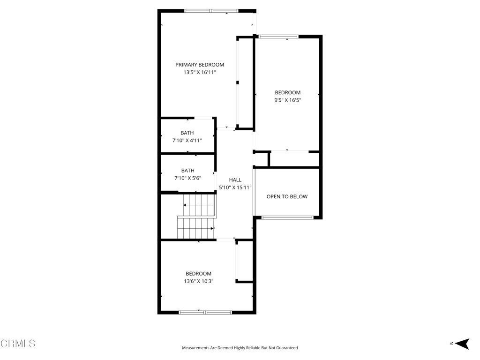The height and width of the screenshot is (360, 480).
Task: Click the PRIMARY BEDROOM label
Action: click(200, 65)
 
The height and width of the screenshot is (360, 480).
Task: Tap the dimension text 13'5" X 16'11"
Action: click(200, 72)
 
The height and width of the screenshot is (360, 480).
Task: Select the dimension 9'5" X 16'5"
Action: click(288, 100)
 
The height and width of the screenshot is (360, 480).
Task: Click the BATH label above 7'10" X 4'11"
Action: click(187, 133)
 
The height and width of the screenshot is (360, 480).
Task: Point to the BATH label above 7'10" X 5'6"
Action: click(187, 171)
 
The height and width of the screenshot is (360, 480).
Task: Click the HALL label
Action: click(235, 180)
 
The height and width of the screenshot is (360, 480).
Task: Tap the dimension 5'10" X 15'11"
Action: click(235, 187)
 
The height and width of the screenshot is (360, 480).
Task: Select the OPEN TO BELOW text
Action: click(287, 196)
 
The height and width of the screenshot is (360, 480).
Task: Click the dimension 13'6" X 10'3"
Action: click(199, 281)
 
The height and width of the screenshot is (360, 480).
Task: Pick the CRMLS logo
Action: click(18, 343)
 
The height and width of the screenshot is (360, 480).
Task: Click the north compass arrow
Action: click(462, 344)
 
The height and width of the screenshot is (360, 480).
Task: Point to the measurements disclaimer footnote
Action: click(240, 348)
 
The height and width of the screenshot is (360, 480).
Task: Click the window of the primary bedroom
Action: click(211, 11)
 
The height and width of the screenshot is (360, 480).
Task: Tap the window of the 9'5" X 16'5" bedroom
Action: click(278, 37)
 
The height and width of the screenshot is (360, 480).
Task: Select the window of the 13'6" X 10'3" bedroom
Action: click(205, 312)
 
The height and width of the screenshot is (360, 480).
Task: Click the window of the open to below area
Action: click(287, 217)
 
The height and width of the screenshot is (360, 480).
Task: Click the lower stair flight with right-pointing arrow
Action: click(195, 228)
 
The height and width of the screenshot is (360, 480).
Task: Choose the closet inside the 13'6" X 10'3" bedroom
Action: click(245, 261)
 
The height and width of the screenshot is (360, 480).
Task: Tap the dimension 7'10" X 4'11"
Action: click(187, 141)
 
